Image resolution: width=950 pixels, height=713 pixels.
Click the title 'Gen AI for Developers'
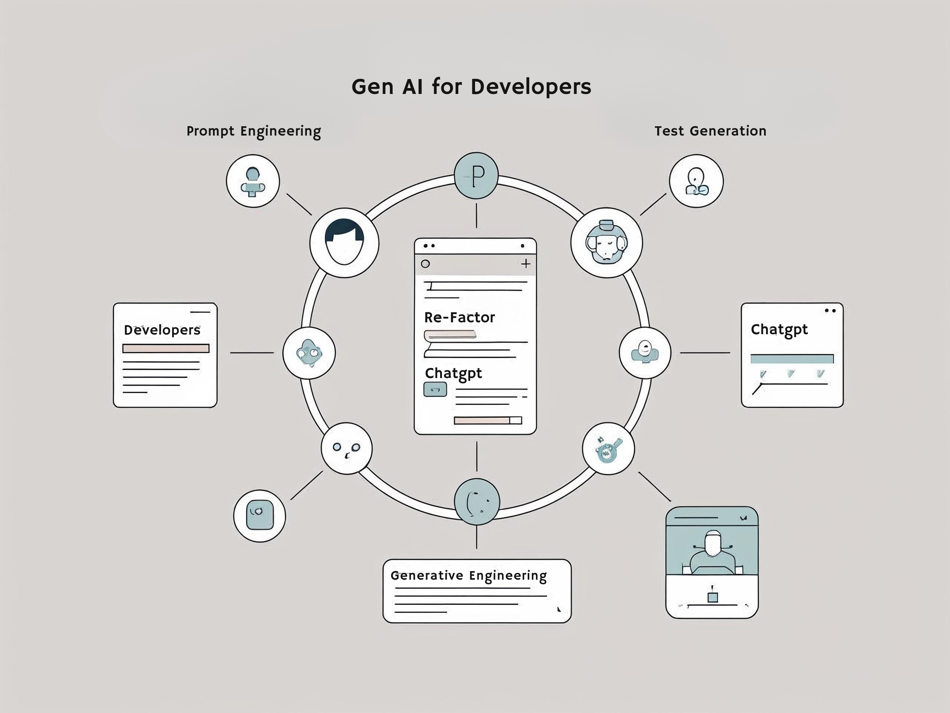471,87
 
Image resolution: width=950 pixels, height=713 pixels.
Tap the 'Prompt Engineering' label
253,131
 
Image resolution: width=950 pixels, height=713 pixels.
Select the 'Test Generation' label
710,131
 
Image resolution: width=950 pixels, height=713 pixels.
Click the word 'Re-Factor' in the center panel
459,318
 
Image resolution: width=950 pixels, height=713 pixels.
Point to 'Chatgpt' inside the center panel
453,373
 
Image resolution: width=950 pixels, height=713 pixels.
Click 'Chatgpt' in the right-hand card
779,330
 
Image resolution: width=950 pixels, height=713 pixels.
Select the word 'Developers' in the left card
162,330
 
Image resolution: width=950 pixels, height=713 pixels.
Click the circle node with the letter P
476,175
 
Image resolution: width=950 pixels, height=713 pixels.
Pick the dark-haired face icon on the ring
344,243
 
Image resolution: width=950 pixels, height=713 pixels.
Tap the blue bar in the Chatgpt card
792,359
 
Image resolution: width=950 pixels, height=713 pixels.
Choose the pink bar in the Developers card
166,348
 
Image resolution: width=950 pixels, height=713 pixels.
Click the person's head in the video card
713,543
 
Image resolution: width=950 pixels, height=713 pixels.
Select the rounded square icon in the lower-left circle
259,515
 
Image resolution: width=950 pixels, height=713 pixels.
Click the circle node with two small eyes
347,448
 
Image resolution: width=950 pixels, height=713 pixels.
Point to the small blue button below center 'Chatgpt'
435,390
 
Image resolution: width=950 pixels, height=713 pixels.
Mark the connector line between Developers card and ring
252,352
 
